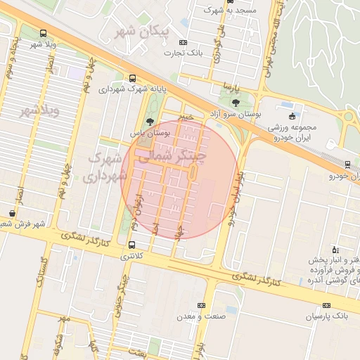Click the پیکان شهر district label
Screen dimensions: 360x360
click(x=146, y=32)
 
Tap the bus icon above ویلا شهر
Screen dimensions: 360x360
click(x=44, y=33)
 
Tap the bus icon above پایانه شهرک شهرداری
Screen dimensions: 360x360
click(x=133, y=78)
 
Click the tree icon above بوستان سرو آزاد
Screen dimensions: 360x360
click(x=235, y=103)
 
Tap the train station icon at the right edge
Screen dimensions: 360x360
click(x=348, y=165)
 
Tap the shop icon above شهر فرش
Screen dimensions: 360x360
click(x=13, y=212)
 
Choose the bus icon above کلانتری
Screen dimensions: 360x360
click(x=132, y=245)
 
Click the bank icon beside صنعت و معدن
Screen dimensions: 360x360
click(x=202, y=305)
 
